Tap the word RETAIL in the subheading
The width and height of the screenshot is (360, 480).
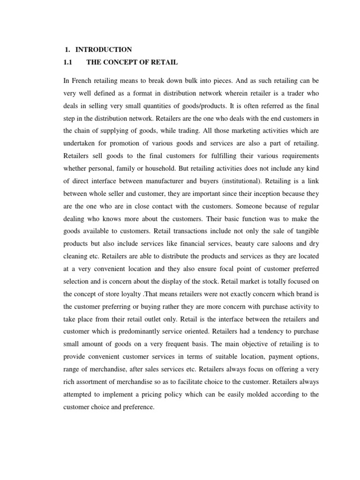tap(164, 62)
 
